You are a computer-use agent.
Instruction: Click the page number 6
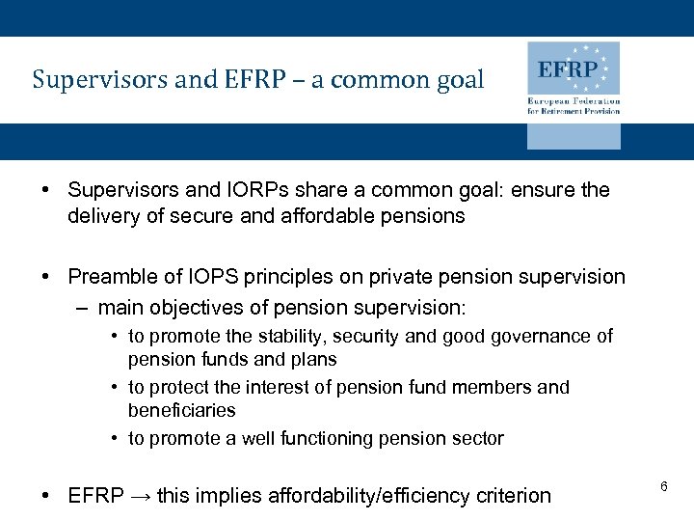pos(664,487)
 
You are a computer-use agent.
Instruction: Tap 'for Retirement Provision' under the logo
pos(574,111)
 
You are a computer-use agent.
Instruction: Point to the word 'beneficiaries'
pos(181,411)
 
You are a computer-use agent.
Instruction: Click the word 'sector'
pos(478,439)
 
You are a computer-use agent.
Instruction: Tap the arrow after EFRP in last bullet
pos(140,496)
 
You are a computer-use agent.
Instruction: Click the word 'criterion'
pos(513,496)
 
